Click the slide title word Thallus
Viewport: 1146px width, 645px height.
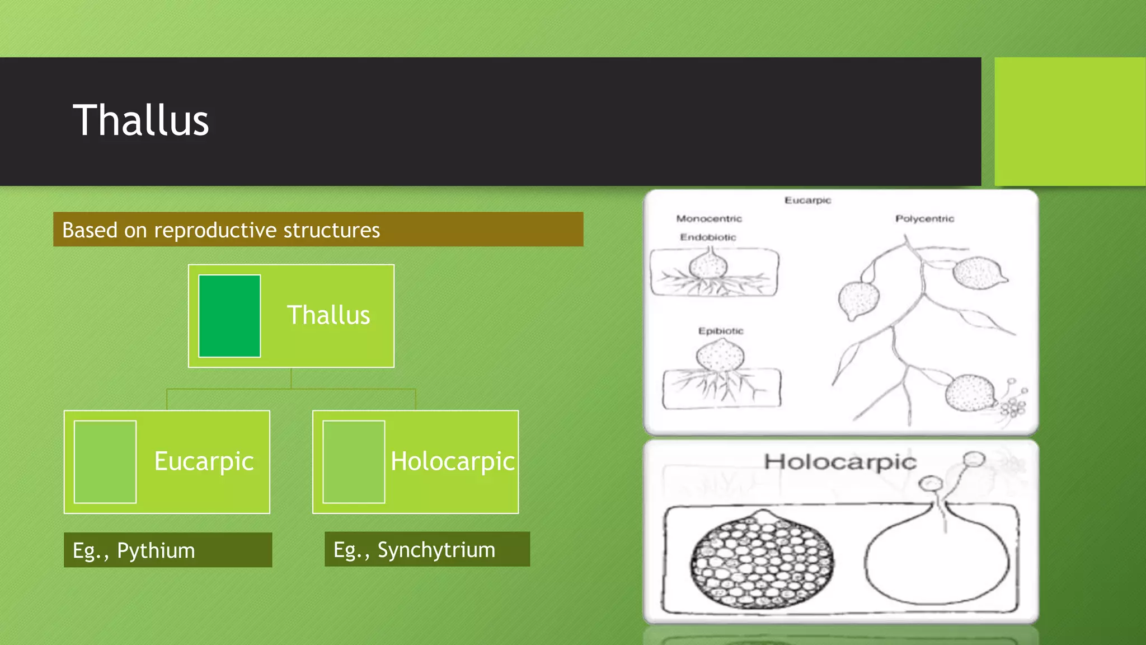tap(141, 120)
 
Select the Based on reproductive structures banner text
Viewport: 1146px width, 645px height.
tap(221, 230)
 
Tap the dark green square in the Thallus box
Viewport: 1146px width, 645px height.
tap(229, 316)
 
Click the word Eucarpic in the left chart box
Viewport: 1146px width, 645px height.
tap(204, 461)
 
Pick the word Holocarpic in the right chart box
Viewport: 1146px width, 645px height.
tap(452, 461)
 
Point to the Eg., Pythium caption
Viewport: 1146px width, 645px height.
tap(134, 550)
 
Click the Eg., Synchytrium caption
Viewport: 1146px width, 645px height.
tap(414, 550)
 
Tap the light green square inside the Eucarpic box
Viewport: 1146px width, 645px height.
tap(105, 462)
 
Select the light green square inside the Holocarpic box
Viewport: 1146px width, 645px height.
tap(354, 462)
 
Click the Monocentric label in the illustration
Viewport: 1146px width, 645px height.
tap(709, 218)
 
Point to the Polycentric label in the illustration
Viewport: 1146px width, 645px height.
tap(924, 218)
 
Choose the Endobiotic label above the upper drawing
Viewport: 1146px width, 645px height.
tap(708, 237)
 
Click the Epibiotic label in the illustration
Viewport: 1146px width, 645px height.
tap(721, 331)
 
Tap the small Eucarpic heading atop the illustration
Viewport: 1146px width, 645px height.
tap(807, 200)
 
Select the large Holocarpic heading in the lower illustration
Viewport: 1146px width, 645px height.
tap(840, 462)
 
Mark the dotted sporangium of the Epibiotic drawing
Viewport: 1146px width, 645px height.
tap(721, 355)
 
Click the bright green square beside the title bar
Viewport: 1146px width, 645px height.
tap(1070, 121)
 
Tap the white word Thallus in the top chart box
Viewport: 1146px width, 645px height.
tap(328, 315)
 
